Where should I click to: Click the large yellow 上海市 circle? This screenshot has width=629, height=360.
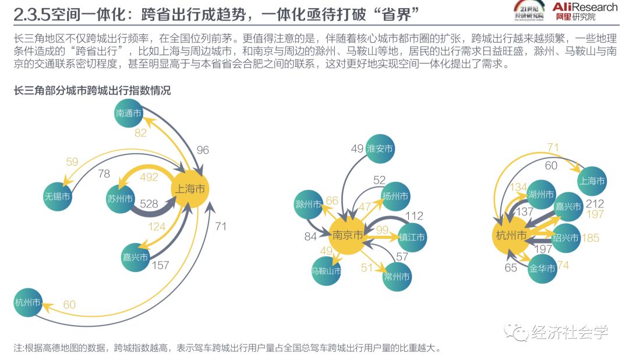point(189,189)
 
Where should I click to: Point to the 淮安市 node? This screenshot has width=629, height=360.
point(380,149)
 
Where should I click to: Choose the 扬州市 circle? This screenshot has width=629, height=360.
point(395,195)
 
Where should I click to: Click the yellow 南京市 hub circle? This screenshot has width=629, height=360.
point(348,235)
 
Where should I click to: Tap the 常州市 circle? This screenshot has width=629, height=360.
point(397,276)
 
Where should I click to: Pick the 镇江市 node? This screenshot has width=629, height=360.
point(412,237)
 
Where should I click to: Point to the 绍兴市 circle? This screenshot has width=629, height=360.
point(566,238)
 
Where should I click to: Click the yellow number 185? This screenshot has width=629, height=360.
point(590,238)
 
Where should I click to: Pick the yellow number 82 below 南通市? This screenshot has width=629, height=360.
point(140,133)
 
